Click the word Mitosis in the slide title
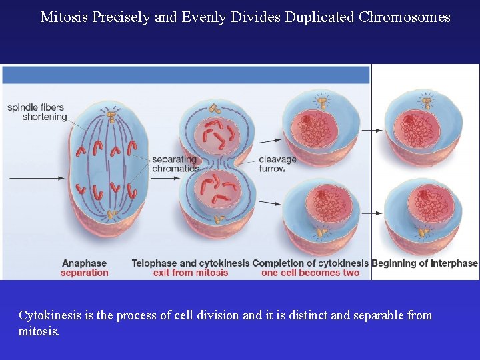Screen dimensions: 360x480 pos(61,17)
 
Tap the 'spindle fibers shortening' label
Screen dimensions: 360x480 pos(37,112)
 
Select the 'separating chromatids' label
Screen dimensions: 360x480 pos(175,164)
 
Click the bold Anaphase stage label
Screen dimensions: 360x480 pos(85,263)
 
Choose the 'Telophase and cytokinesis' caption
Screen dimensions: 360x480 pos(191,263)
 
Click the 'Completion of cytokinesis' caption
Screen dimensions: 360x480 pos(310,263)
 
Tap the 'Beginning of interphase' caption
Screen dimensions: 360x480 pos(425,263)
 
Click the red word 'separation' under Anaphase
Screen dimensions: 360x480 pos(85,273)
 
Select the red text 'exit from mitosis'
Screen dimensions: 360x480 pos(191,273)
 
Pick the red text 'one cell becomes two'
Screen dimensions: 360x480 pos(310,273)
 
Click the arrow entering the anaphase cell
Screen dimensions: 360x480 pos(37,178)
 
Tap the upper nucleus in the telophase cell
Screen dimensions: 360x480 pos(217,133)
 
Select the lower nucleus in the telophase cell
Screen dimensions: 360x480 pos(217,189)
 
